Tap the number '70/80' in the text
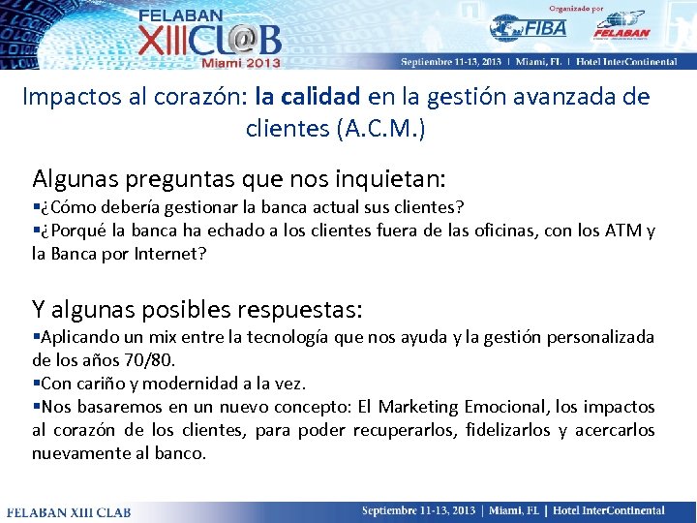click(x=148, y=360)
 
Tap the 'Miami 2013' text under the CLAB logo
click(x=241, y=62)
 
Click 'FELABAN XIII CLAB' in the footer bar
click(x=66, y=510)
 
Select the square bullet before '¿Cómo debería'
click(x=36, y=207)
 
